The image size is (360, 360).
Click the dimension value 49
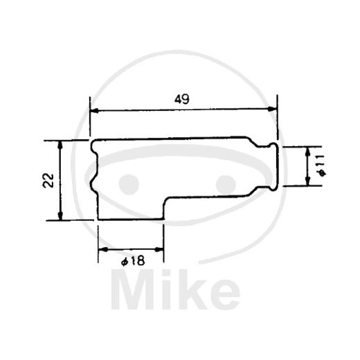182,99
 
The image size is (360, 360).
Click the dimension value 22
48,181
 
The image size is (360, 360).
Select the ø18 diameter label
131,261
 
